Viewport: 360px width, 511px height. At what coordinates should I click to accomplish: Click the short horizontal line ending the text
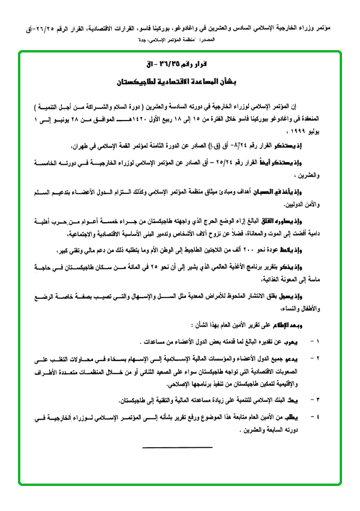[x=178, y=446]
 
